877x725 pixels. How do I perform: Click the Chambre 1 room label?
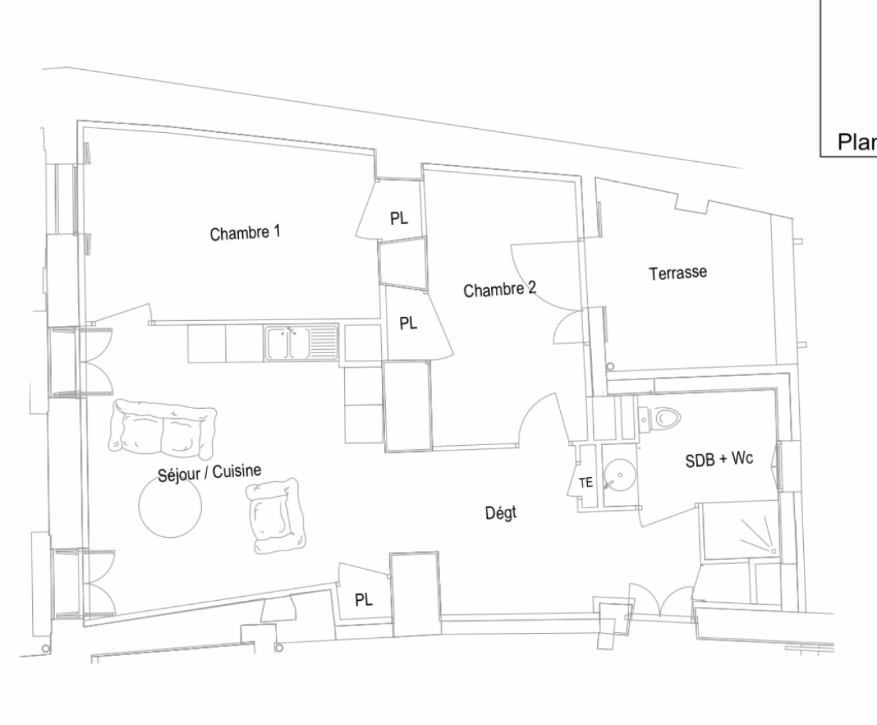245,233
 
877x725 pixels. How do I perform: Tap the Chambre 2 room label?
499,289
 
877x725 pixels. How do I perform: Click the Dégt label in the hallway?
501,514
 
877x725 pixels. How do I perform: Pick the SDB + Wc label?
719,460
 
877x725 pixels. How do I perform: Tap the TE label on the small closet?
585,483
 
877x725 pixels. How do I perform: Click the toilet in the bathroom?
665,419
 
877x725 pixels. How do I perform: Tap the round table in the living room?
170,505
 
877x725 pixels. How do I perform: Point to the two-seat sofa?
163,427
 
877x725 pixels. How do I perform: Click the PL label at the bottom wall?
363,600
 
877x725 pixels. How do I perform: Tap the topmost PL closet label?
399,219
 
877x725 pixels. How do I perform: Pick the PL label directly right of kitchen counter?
408,324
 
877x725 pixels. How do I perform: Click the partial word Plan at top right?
856,142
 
